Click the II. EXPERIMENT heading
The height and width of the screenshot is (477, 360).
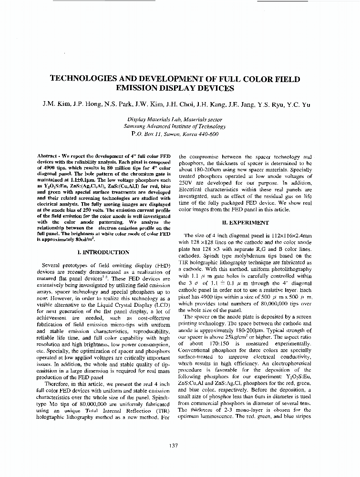(x=246, y=222)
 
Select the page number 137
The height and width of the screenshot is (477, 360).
(x=174, y=446)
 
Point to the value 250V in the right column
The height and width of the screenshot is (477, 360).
(x=186, y=183)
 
